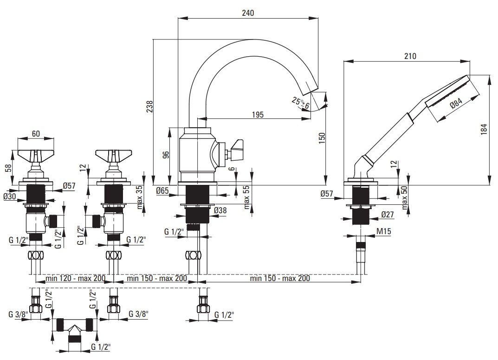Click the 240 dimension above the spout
pyautogui.click(x=248, y=13)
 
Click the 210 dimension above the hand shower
pyautogui.click(x=410, y=56)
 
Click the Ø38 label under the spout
pyautogui.click(x=220, y=210)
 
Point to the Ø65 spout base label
pyautogui.click(x=162, y=190)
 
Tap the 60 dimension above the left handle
pyautogui.click(x=36, y=134)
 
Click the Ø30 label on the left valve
pyautogui.click(x=10, y=196)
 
